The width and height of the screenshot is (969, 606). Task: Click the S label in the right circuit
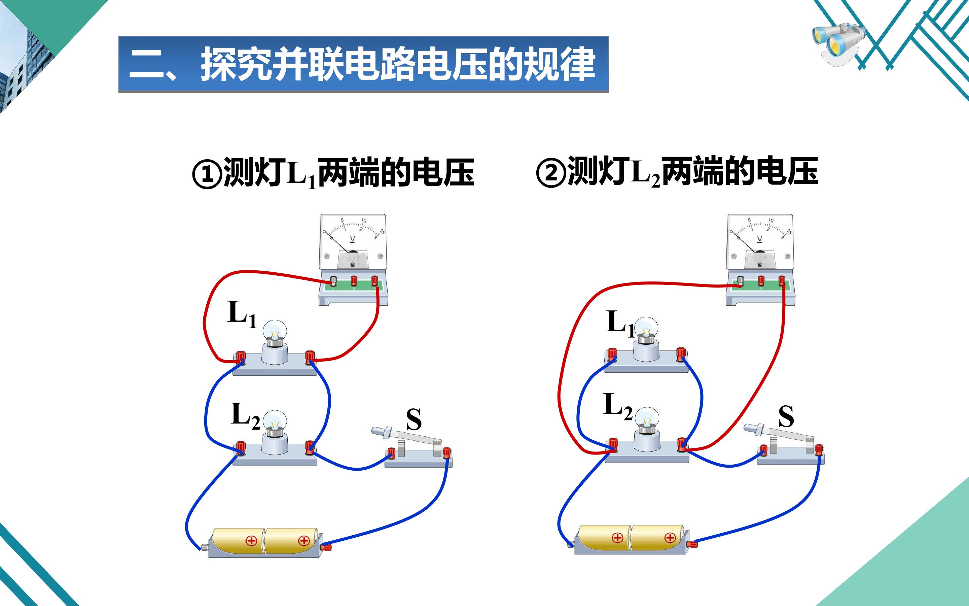coord(786,416)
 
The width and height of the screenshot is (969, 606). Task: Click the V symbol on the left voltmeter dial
coord(352,239)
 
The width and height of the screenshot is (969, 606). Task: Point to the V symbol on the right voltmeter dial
coord(760,239)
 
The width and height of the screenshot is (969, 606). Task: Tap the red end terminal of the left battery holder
coord(326,547)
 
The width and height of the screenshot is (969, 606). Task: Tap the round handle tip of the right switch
coord(748,428)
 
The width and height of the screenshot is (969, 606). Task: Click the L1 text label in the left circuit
coord(242,314)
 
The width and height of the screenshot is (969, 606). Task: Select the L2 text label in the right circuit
coord(618,406)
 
